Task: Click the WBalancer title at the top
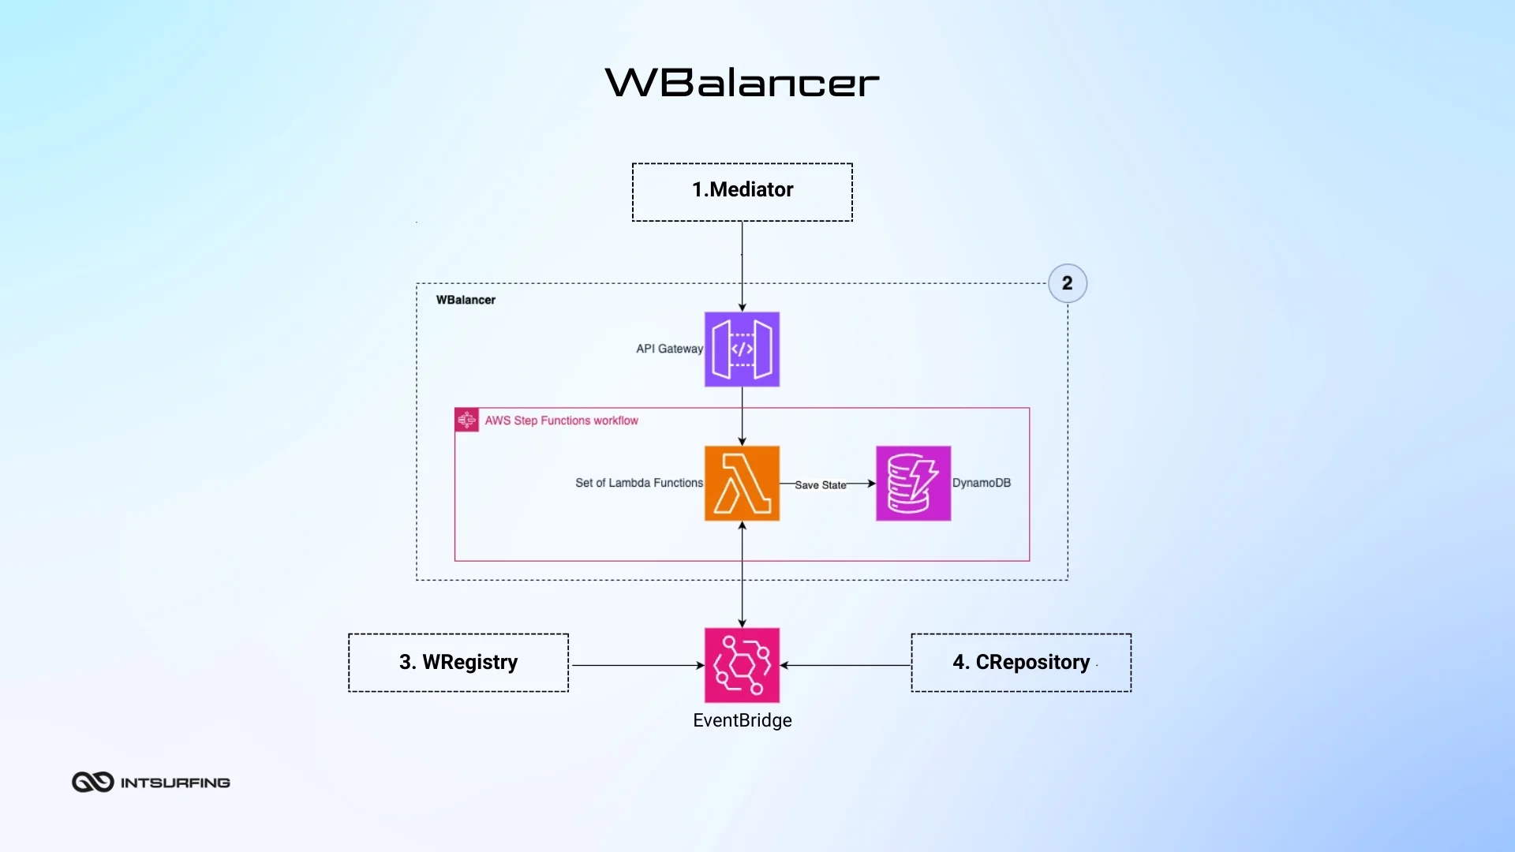point(742,83)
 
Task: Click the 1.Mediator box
point(742,192)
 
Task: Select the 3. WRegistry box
point(458,663)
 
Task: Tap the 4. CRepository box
point(1021,663)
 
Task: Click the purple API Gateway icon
point(742,349)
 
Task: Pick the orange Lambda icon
point(742,483)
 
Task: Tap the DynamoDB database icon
point(913,483)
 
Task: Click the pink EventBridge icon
point(742,665)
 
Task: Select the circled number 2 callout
point(1067,283)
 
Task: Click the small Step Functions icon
point(466,420)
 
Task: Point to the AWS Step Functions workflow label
point(561,420)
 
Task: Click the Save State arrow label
point(820,485)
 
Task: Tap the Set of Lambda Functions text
point(638,483)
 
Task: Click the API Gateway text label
point(669,349)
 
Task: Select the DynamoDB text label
point(981,483)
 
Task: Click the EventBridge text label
point(742,720)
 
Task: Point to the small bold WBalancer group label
point(466,300)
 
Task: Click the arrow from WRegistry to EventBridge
point(636,665)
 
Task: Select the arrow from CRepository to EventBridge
point(846,665)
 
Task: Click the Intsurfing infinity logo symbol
point(93,782)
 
